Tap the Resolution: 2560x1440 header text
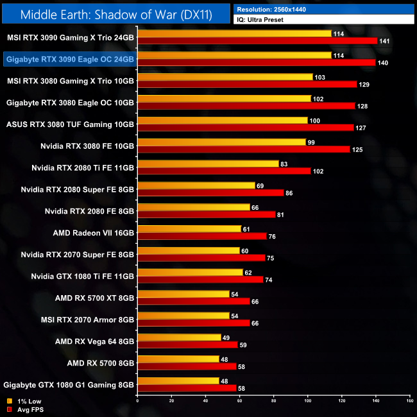pos(273,10)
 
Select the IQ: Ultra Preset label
pos(260,20)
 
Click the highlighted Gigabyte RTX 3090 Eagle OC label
pos(69,60)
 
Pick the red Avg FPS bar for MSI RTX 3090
pos(257,41)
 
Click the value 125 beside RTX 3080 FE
pos(358,149)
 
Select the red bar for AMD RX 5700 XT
pos(193,301)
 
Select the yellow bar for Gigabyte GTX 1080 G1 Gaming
pos(178,380)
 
